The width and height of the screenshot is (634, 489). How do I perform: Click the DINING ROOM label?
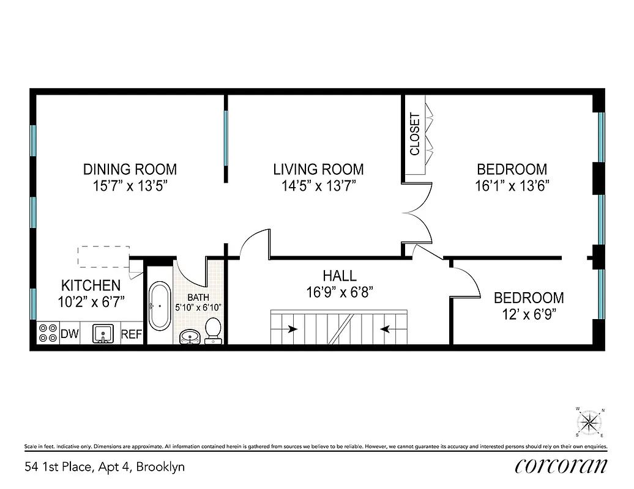point(130,169)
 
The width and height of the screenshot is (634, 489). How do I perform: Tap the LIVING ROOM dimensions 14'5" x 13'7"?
point(318,186)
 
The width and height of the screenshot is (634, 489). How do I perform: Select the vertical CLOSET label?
point(415,134)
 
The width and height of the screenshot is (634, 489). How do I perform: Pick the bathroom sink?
point(190,336)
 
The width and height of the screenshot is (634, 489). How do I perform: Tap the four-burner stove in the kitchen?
point(47,334)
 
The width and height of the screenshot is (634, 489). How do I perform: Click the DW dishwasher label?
point(69,334)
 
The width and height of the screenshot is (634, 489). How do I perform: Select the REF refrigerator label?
point(131,334)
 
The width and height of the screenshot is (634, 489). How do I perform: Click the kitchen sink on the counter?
point(103,334)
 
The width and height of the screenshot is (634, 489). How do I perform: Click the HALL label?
point(340,276)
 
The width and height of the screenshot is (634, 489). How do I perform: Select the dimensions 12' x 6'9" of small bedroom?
point(529,315)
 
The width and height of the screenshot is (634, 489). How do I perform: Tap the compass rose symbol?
point(589,421)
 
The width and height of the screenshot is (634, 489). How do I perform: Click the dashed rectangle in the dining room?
point(103,256)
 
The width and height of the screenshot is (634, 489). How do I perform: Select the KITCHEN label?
point(91,285)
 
